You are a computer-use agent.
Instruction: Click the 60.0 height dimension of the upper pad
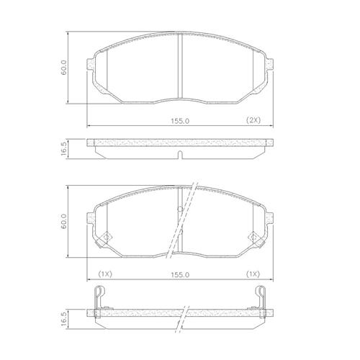click(x=63, y=68)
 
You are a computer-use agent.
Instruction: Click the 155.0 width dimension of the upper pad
click(x=180, y=121)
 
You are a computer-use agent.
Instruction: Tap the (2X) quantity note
click(x=253, y=120)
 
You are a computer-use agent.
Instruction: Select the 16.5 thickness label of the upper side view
click(x=63, y=149)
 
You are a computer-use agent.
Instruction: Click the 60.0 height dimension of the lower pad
click(x=63, y=221)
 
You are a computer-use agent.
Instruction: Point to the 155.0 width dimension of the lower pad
click(x=180, y=275)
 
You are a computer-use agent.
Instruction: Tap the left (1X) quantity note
click(x=105, y=274)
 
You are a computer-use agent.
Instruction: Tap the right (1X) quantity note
click(x=253, y=274)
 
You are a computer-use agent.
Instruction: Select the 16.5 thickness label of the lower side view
click(x=63, y=319)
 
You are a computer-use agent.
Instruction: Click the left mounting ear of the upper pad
click(x=90, y=65)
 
